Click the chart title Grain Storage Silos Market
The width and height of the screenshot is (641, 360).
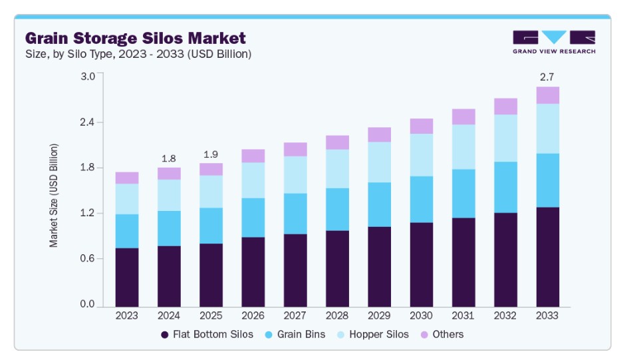coord(135,38)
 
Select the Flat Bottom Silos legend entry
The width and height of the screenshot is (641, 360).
coord(207,334)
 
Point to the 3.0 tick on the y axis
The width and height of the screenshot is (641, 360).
coord(88,76)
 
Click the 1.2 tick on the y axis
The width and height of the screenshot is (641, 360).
coord(88,214)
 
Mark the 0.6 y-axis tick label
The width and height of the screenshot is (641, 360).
coord(88,259)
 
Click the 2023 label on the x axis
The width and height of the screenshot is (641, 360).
coord(127,315)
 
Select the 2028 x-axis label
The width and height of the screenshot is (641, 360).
coord(337,315)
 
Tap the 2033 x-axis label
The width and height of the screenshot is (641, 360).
coord(548,315)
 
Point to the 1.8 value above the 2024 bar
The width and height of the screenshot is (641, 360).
coord(169,158)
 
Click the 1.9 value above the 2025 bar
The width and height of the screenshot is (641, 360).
coord(211,154)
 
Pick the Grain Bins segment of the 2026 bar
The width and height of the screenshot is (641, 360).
coord(253,218)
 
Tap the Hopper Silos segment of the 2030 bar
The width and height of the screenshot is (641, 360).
coord(422,155)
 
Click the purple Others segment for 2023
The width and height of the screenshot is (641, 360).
coord(127,178)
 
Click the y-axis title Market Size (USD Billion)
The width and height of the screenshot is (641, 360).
coord(54,195)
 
